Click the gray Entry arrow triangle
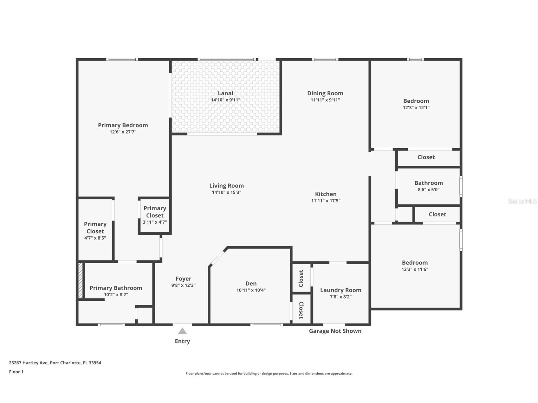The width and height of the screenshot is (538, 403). [x=182, y=331]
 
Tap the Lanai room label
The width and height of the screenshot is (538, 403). [x=225, y=93]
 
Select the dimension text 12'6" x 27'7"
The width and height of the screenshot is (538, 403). [x=123, y=132]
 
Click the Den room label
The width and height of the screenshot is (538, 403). [x=251, y=284]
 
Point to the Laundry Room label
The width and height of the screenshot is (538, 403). [x=340, y=290]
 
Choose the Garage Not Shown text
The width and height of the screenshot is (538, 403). [x=335, y=331]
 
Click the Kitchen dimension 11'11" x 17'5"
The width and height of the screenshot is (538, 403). [x=326, y=201]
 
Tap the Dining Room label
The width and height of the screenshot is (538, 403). [x=325, y=93]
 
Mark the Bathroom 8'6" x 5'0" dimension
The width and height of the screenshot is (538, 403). [x=429, y=190]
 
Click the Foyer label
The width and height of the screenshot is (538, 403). [x=183, y=279]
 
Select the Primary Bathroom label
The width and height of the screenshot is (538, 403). [x=116, y=288]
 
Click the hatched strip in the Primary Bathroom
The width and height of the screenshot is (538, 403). [x=81, y=280]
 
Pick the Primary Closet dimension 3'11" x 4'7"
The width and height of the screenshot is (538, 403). [x=155, y=222]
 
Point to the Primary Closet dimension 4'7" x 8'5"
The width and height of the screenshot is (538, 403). [x=95, y=238]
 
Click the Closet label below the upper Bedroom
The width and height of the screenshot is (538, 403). [x=426, y=157]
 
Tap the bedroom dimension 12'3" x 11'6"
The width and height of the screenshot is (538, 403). [x=415, y=269]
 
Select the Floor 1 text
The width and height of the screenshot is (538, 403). [x=16, y=372]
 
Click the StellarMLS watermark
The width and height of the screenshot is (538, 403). [x=522, y=201]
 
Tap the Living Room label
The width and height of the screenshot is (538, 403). [x=226, y=186]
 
